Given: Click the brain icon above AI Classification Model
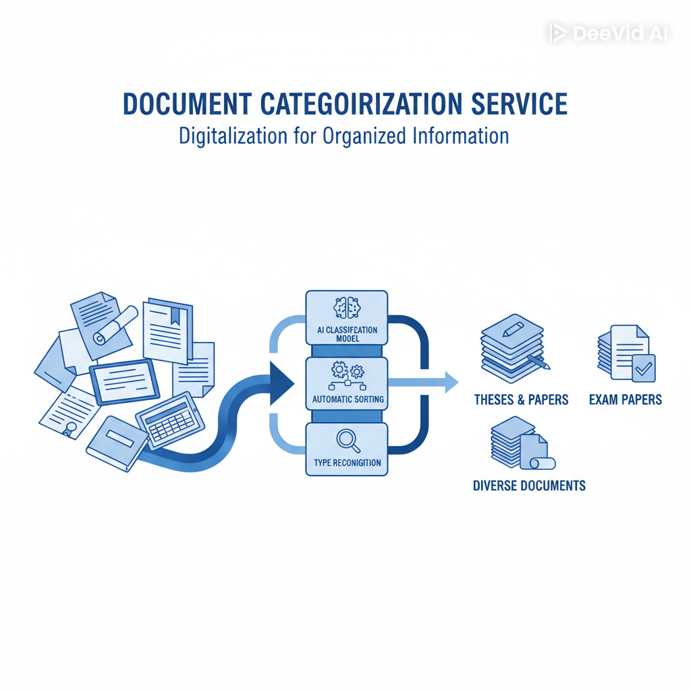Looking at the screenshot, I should point(347,308).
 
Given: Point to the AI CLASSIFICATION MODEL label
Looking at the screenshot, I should point(347,334).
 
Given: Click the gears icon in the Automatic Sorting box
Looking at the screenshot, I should point(347,370).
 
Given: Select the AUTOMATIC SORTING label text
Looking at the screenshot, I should point(348,399).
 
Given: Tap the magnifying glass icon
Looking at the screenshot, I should point(347,440).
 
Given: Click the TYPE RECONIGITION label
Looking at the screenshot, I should point(348,463).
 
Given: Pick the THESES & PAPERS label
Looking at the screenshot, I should point(521,399).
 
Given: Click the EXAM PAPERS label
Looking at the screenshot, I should point(626,399).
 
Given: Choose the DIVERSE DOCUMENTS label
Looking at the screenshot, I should point(529,485).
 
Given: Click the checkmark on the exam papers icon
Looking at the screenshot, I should point(643,368).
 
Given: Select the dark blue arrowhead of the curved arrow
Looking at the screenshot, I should point(281,384).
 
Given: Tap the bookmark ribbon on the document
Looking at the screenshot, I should point(175,314).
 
